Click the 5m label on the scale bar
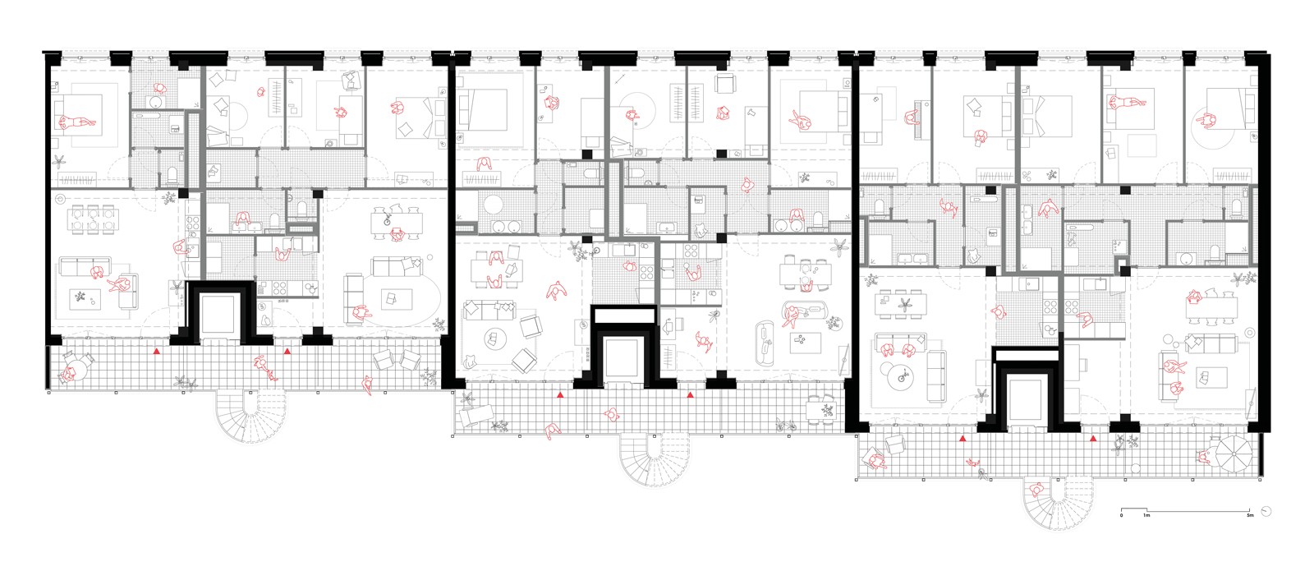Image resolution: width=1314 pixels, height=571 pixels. coord(1250,516)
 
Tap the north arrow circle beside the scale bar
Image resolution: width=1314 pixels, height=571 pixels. coord(1266,510)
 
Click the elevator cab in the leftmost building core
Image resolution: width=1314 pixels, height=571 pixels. coord(218,314)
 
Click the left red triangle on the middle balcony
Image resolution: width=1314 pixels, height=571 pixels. coord(559,396)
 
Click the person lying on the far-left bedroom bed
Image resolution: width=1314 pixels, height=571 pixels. coord(76,123)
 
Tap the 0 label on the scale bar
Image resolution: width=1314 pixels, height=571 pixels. coord(1122,516)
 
